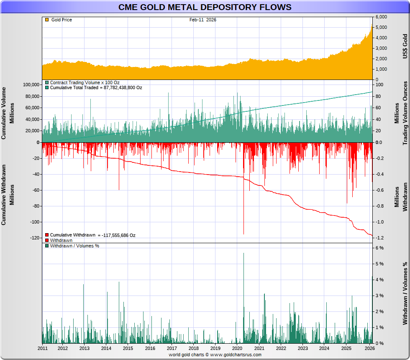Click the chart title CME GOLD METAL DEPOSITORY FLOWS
[x=205, y=8]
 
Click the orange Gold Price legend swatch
[x=46, y=20]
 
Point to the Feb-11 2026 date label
[x=202, y=20]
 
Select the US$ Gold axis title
[x=405, y=46]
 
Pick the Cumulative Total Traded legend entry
[x=96, y=88]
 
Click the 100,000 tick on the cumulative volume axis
[x=30, y=85]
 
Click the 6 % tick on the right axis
[x=379, y=248]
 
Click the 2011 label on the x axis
[x=43, y=349]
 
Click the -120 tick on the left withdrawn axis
[x=33, y=238]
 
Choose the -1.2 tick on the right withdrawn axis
[x=380, y=238]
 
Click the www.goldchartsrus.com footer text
[x=236, y=355]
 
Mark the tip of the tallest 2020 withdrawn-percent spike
[x=243, y=253]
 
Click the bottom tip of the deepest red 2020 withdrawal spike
[x=243, y=234]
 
